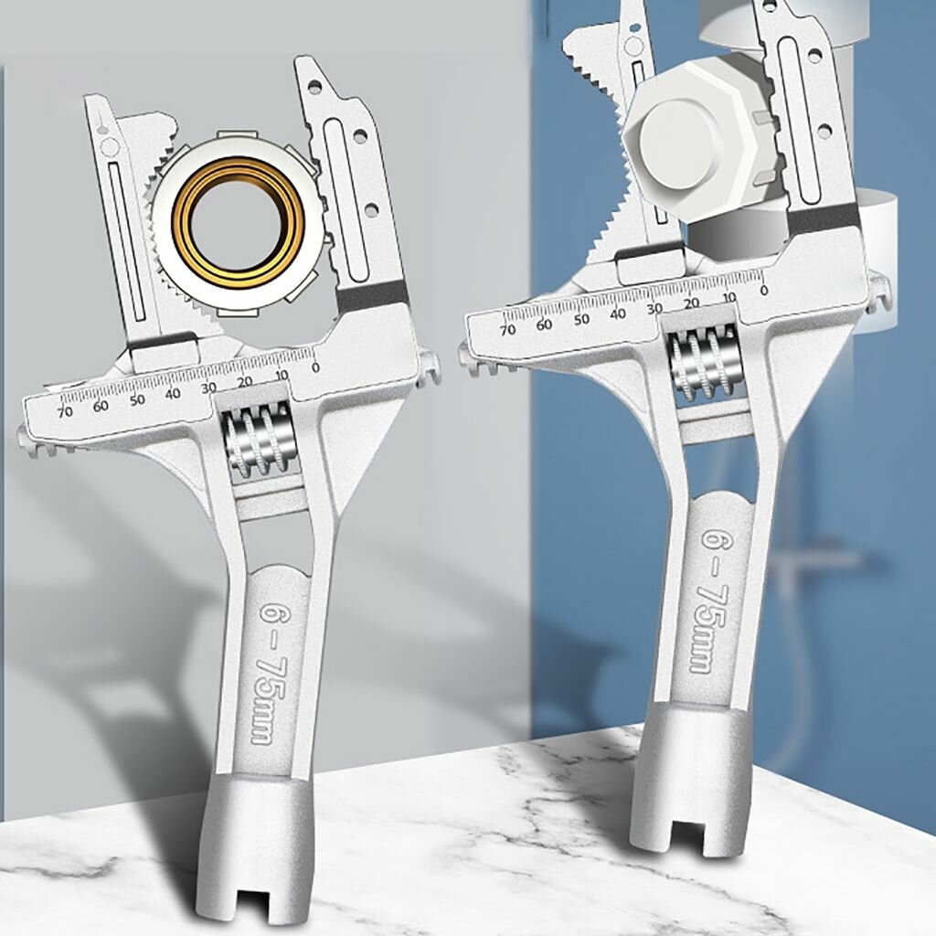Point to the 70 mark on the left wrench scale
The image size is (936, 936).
click(64, 411)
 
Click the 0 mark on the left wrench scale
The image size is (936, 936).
click(315, 367)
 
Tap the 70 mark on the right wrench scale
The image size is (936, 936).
click(508, 329)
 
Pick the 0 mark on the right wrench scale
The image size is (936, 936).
click(763, 291)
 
